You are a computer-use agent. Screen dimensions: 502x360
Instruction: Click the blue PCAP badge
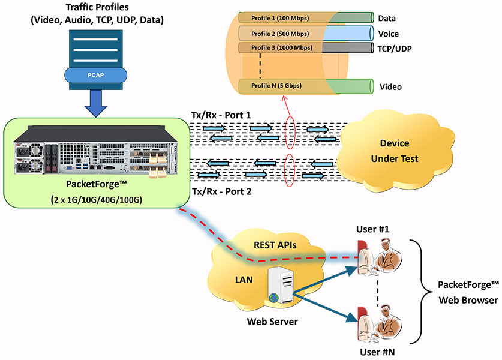[x=95, y=75]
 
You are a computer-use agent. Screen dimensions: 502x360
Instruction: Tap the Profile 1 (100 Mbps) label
[x=280, y=18]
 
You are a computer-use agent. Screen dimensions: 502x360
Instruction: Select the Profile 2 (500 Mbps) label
[x=280, y=34]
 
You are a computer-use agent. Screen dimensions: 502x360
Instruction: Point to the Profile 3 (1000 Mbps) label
[x=282, y=48]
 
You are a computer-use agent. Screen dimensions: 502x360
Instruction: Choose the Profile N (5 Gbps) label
[x=276, y=86]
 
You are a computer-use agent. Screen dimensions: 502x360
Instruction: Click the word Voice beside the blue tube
[x=389, y=34]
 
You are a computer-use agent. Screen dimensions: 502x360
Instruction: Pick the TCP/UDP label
[x=395, y=49]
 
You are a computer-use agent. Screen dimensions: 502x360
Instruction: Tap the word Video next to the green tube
[x=390, y=87]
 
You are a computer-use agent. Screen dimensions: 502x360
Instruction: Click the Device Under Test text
[x=395, y=151]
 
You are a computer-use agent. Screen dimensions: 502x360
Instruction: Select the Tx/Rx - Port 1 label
[x=221, y=115]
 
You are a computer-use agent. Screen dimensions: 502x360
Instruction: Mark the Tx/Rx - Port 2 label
[x=221, y=191]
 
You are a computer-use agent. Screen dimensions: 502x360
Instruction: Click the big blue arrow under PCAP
[x=96, y=103]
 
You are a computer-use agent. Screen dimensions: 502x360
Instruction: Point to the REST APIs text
[x=275, y=245]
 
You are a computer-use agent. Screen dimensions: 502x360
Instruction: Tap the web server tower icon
[x=281, y=286]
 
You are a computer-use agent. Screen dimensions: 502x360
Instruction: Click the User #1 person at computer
[x=380, y=257]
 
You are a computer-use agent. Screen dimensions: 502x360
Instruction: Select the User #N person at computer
[x=380, y=324]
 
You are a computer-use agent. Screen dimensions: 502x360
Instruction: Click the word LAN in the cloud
[x=244, y=280]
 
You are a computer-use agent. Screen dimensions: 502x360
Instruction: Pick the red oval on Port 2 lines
[x=290, y=170]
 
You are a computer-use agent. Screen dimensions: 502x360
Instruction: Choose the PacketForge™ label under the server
[x=97, y=184]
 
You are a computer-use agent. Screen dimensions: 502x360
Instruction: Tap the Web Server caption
[x=272, y=322]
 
